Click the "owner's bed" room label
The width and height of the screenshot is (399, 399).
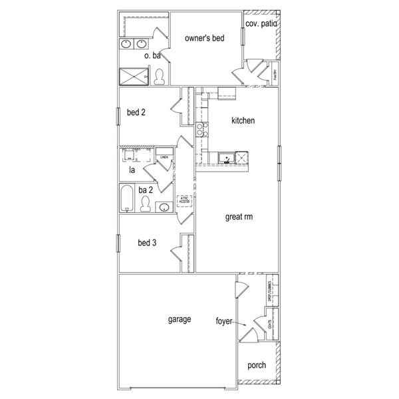204,39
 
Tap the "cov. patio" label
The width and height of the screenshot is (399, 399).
261,24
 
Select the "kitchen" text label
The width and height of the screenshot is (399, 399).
243,121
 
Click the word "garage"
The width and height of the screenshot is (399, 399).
180,319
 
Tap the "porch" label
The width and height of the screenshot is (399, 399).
257,365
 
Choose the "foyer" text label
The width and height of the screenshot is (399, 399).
223,321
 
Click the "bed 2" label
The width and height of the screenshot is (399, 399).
136,112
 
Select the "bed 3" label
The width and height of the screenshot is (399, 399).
147,243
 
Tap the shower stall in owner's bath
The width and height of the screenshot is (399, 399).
134,77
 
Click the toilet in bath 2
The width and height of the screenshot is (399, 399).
146,204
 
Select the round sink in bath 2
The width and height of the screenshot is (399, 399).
163,207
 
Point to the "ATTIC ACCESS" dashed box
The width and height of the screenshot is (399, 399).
184,200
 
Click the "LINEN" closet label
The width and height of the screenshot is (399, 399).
162,158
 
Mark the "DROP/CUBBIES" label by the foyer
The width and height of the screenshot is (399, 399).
269,292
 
